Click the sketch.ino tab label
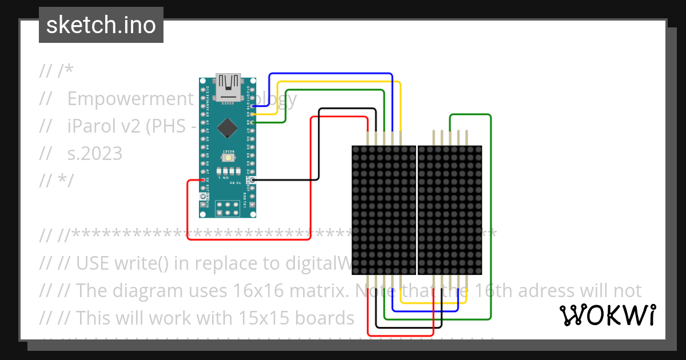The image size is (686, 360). point(101,25)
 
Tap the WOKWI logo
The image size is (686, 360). point(607,315)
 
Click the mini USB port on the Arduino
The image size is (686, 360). point(228,86)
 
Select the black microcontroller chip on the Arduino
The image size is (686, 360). point(228,127)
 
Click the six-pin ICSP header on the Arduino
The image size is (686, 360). point(228,209)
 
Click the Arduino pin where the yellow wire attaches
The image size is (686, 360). point(252,114)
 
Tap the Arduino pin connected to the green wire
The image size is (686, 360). point(252,122)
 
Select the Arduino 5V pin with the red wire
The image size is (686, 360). point(203,180)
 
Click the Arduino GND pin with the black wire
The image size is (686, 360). point(252,180)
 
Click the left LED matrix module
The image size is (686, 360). point(383,210)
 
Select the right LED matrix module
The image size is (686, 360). point(450,210)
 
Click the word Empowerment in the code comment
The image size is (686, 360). point(130,99)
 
